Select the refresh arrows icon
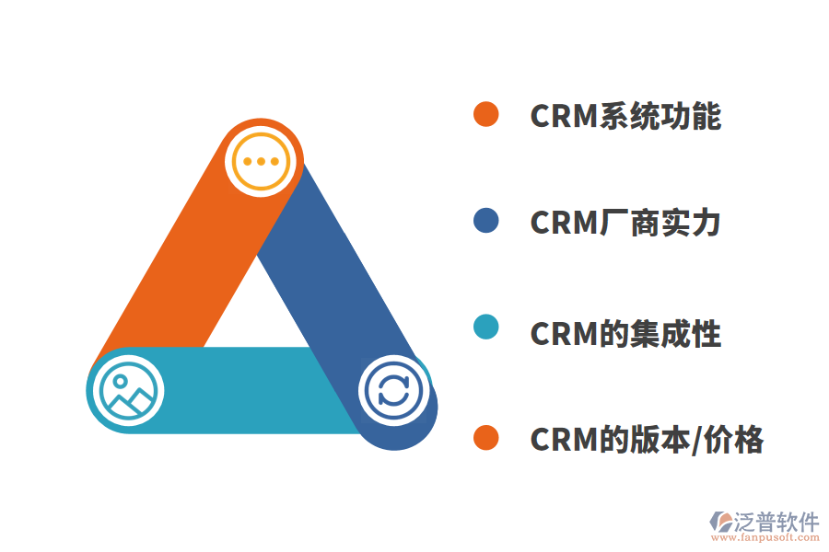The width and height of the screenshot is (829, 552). [x=393, y=390]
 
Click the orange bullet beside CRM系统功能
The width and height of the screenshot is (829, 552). [x=485, y=114]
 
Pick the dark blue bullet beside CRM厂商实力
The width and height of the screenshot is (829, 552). [x=485, y=221]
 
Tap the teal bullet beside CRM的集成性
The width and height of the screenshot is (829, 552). [x=485, y=328]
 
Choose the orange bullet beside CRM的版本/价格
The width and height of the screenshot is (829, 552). [x=485, y=438]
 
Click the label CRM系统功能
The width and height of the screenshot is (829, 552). [x=625, y=116]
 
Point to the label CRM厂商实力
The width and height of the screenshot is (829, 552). [x=625, y=224]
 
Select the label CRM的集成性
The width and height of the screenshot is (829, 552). [x=625, y=332]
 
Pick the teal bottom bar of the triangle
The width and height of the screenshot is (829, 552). [x=249, y=390]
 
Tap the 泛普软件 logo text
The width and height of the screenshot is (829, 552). [x=776, y=522]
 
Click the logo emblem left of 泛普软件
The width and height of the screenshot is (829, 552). [x=720, y=523]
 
